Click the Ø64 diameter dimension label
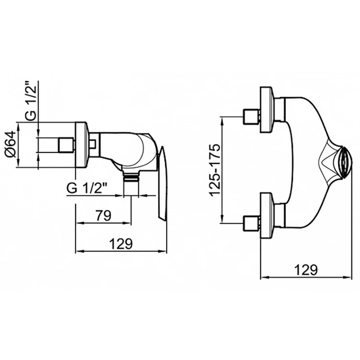pos(11,144)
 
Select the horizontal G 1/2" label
pos(87,189)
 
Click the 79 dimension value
pos(103,216)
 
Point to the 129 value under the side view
pos(121,243)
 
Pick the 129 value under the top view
pos(306,270)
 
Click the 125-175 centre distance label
pos(215,169)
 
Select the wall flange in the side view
pos(81,145)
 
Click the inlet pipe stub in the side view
pos(66,145)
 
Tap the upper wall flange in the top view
pos(266,110)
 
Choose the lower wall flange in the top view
pos(266,216)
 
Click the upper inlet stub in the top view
pos(252,117)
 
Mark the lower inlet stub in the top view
pos(252,223)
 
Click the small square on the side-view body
pos(93,144)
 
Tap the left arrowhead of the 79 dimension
pos(79,223)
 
